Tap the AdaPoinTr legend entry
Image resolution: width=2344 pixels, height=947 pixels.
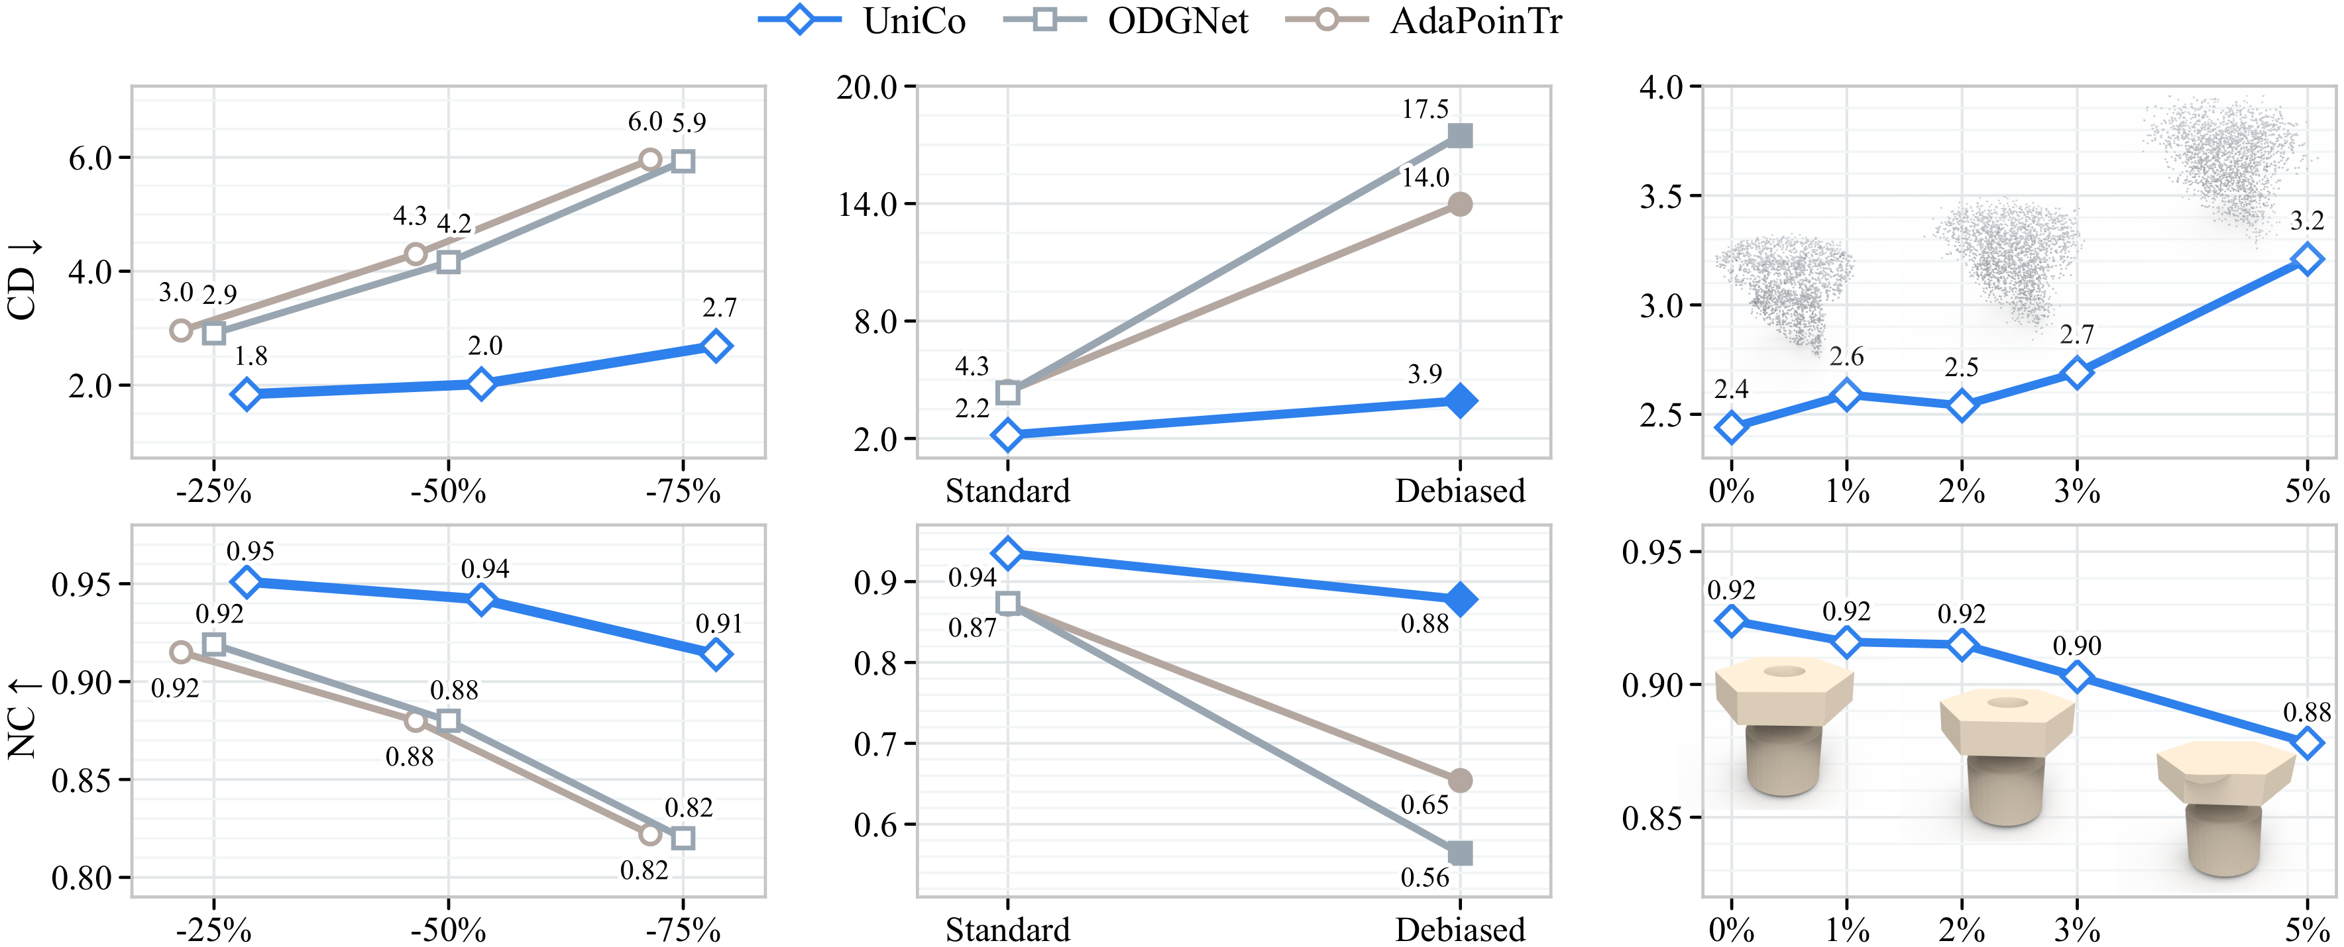(x=1424, y=20)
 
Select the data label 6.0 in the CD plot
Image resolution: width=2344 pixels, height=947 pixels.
(x=645, y=121)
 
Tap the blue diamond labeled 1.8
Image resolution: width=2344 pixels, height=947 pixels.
(x=246, y=394)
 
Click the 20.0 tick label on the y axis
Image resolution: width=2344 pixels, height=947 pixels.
(x=866, y=87)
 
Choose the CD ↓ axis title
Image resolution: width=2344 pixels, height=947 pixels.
(x=22, y=280)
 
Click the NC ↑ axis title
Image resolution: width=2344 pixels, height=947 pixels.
(x=22, y=719)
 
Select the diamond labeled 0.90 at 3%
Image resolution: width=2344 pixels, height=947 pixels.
(x=2078, y=677)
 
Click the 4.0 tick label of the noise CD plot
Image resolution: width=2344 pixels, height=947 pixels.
(x=1661, y=87)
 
